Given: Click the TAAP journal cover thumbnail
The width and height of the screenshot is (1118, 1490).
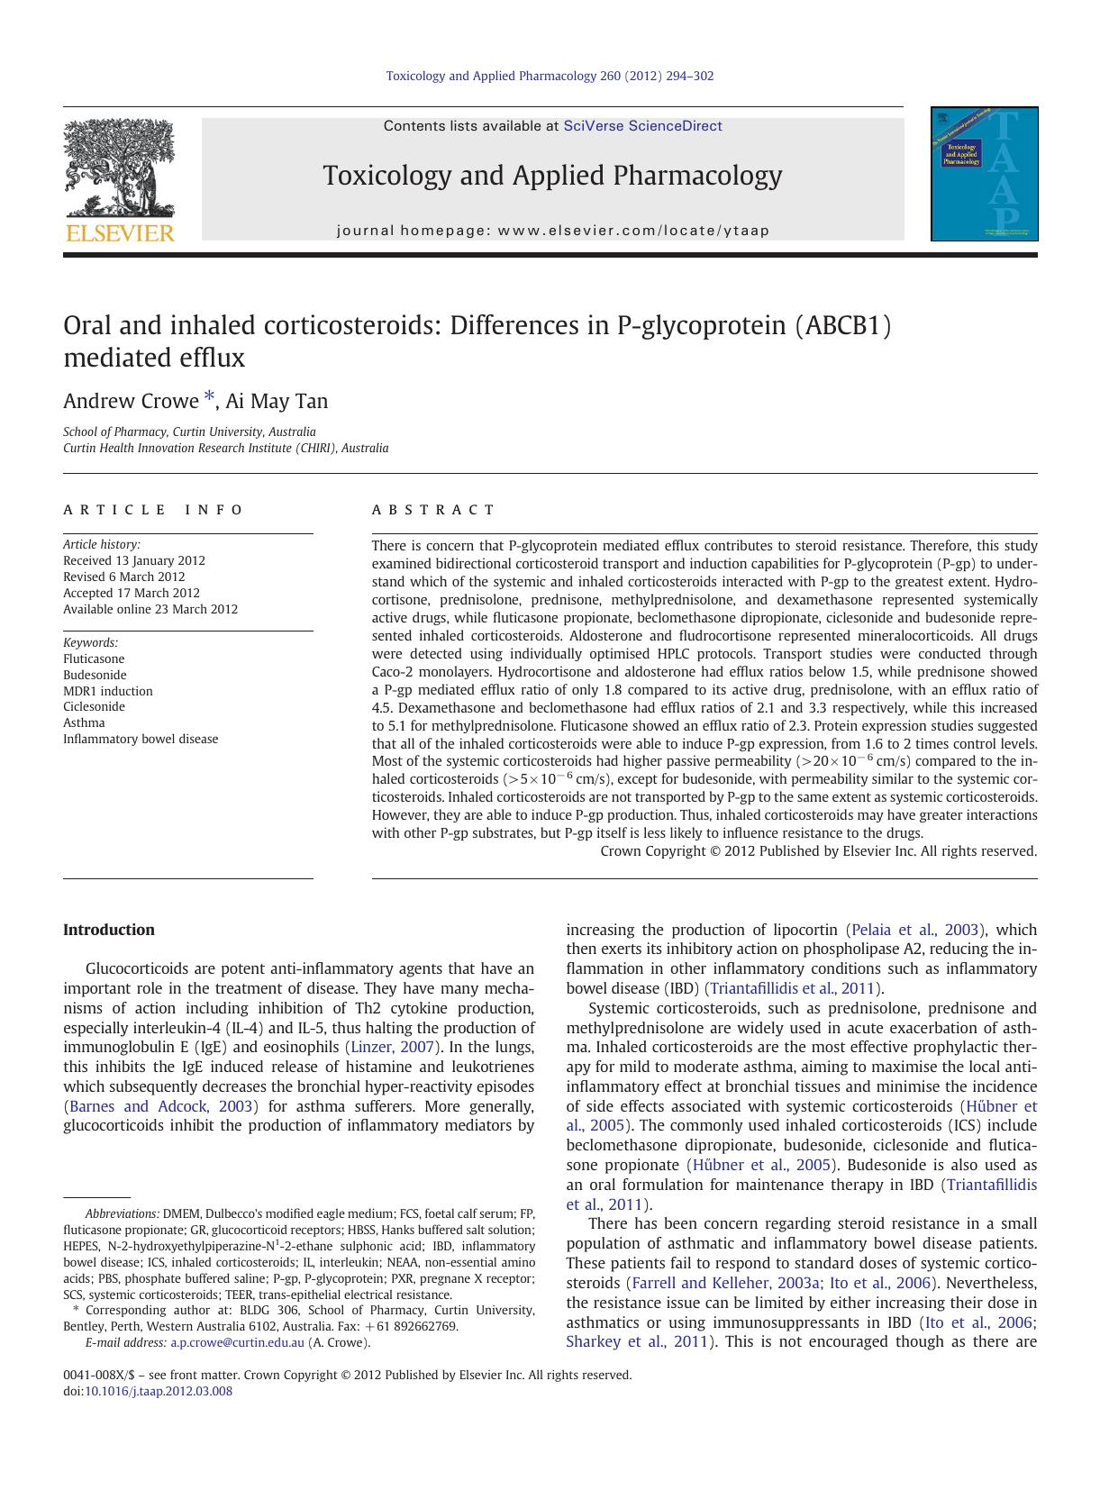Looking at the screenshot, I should tap(984, 174).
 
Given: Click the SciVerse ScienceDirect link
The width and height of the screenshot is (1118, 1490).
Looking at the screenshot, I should tap(642, 126).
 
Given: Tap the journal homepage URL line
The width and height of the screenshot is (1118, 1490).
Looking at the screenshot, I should tap(552, 231).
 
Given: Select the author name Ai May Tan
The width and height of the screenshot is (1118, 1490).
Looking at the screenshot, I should tap(277, 401).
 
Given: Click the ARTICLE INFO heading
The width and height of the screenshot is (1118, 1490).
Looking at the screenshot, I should tap(153, 510).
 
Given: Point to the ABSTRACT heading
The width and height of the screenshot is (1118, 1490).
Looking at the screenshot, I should tap(433, 510).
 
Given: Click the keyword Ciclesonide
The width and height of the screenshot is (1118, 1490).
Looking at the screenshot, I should tap(94, 706).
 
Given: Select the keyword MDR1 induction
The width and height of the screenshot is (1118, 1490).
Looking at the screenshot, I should tap(108, 691).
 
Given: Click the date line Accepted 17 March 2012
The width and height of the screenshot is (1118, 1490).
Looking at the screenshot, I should tap(132, 593).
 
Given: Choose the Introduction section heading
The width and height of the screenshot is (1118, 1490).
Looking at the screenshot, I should tap(109, 930).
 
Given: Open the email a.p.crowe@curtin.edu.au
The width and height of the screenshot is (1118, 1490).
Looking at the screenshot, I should tap(237, 1342).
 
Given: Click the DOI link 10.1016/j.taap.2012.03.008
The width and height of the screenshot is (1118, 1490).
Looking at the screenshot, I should tap(158, 1391).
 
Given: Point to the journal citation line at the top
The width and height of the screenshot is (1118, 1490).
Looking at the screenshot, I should tap(550, 76).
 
